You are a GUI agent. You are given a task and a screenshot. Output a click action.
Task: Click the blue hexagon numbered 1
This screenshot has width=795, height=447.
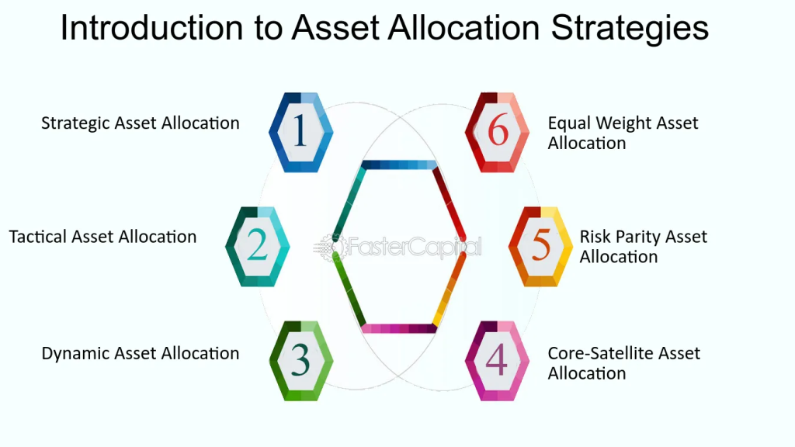300,132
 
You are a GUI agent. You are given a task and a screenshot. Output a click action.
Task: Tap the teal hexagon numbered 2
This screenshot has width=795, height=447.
258,247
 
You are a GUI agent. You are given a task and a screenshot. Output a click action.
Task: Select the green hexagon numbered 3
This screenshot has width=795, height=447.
301,361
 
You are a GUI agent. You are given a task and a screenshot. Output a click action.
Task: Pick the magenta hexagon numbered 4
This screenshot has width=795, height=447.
497,361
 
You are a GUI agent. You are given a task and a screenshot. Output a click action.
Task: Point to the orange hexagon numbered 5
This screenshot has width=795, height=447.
540,247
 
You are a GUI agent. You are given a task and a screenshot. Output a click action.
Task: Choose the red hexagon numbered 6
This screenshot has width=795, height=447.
497,132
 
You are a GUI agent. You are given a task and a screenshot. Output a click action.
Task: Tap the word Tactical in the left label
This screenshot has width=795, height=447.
37,237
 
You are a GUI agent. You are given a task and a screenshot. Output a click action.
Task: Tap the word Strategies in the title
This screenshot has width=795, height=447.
630,29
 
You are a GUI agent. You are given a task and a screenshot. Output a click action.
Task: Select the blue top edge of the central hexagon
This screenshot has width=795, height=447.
399,165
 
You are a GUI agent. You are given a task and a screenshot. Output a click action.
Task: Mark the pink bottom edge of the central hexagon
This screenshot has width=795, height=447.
399,328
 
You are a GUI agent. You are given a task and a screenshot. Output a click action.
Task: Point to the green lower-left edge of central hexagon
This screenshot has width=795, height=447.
349,290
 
